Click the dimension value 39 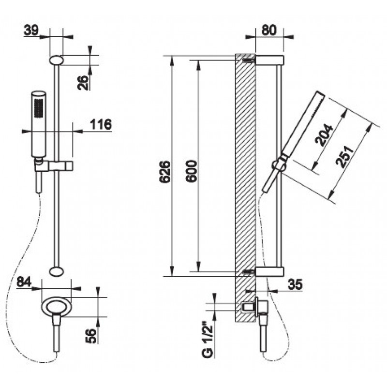(31, 30)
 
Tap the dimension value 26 (83, 82)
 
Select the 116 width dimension (101, 124)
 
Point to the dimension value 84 (24, 282)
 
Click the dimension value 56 (91, 335)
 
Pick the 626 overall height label (165, 172)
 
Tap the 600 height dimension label (192, 171)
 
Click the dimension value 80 (269, 30)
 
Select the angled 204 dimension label (324, 135)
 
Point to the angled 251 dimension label (344, 156)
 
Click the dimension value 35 (295, 284)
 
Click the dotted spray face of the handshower (38, 108)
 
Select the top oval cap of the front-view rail (57, 60)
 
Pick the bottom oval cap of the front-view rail (57, 271)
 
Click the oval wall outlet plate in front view (57, 307)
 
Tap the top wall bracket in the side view (269, 60)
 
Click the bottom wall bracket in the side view (269, 271)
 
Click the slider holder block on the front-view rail (60, 165)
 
